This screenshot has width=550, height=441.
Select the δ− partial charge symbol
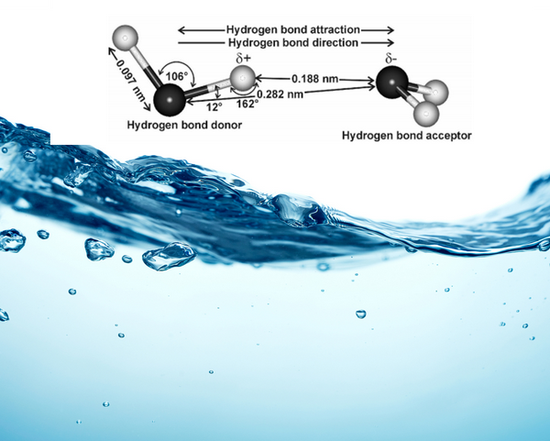(x=390, y=60)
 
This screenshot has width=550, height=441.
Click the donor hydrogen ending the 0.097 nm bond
(x=124, y=39)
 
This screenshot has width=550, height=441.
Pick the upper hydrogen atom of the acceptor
(x=437, y=92)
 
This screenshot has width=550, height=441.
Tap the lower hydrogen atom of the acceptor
(x=424, y=115)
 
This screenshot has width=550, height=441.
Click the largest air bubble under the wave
(x=167, y=255)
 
